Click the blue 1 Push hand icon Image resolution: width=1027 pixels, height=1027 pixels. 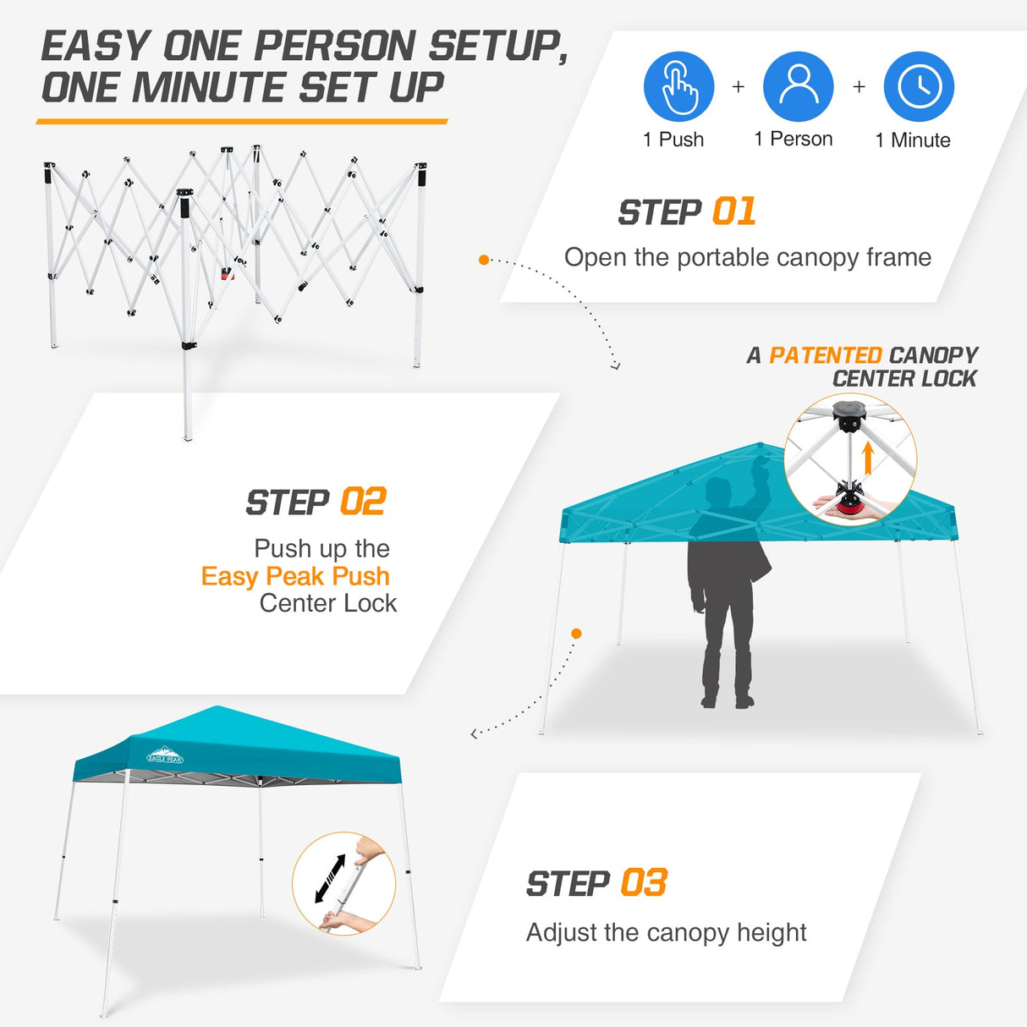678,86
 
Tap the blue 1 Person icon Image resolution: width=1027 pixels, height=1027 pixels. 798,86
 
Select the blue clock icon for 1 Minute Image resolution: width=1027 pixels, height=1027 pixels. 919,86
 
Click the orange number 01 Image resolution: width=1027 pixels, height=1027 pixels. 733,211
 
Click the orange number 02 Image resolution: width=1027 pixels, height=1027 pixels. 363,502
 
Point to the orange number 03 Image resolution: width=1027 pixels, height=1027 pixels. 644,883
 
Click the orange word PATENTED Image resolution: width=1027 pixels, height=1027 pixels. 825,355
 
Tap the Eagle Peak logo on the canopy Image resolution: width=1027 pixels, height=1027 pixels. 165,755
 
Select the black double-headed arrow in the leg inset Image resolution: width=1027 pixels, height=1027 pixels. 330,878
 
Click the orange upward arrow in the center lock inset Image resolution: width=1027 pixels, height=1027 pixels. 867,459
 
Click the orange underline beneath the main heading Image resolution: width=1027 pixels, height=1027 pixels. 242,122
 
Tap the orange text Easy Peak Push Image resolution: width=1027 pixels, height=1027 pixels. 295,576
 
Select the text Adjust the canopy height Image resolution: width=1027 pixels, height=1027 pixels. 666,932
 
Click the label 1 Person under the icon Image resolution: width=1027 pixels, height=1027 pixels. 793,140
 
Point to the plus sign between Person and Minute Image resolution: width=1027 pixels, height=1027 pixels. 859,86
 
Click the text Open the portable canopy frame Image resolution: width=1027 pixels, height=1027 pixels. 747,257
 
